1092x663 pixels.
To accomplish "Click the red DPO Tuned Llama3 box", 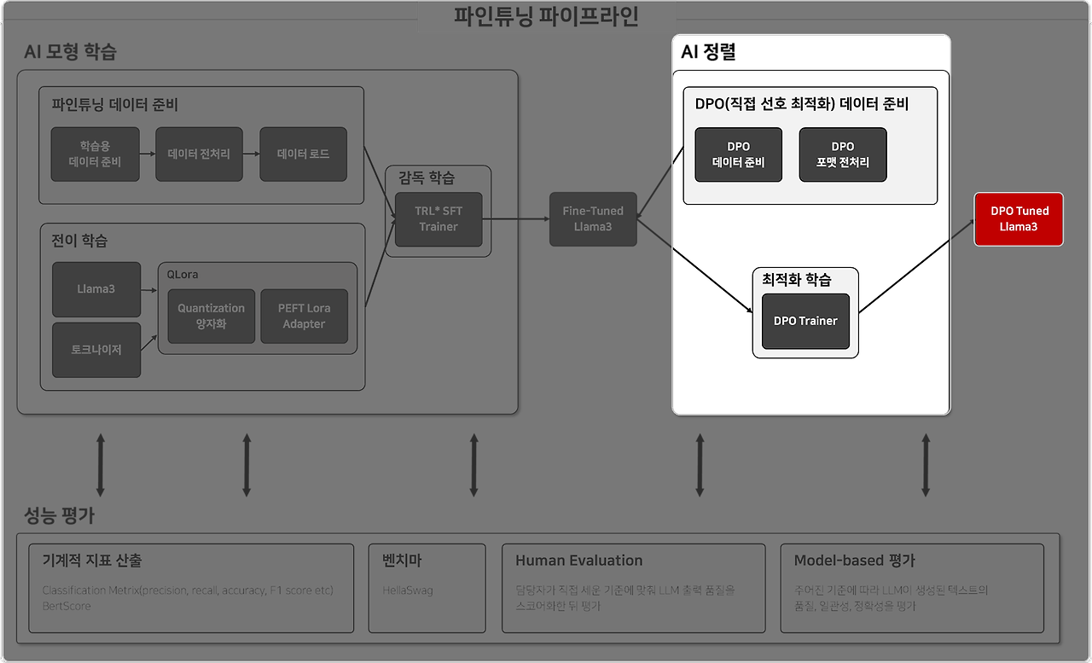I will click(x=1019, y=219).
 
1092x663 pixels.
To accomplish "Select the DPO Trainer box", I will click(x=805, y=321).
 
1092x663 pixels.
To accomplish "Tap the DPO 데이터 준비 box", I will click(x=738, y=154).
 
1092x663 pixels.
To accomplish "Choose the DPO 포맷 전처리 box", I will click(x=842, y=154).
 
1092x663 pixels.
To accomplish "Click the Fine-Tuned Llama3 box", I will click(x=593, y=219).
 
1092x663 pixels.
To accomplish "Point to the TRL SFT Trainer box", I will click(x=438, y=219).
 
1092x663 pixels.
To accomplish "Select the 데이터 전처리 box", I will click(x=199, y=154).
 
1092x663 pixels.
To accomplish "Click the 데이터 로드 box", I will click(x=303, y=154).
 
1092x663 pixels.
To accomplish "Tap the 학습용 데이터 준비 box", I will click(x=95, y=154).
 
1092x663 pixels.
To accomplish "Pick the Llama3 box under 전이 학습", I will click(x=96, y=289).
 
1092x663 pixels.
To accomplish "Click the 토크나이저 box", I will click(x=96, y=350).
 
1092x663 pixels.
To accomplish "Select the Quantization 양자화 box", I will click(x=211, y=316).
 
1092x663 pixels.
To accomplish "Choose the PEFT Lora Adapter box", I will click(x=304, y=316).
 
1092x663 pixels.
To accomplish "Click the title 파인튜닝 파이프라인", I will click(x=546, y=17).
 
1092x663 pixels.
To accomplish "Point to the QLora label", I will click(x=183, y=275).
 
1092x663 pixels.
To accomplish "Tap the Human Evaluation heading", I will click(x=578, y=561).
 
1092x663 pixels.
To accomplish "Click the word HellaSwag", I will click(x=408, y=590).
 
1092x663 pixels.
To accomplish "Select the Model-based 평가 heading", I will click(x=854, y=561).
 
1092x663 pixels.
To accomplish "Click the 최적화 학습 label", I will click(x=797, y=280).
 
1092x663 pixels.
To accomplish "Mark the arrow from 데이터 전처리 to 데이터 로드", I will click(x=251, y=154).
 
